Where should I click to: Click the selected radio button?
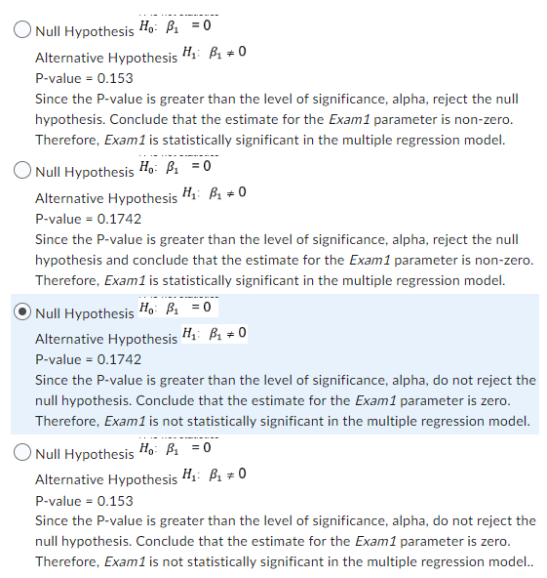pyautogui.click(x=22, y=312)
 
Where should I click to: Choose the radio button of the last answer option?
pyautogui.click(x=22, y=453)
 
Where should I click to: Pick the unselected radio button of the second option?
pyautogui.click(x=22, y=172)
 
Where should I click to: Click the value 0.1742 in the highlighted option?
pyautogui.click(x=116, y=359)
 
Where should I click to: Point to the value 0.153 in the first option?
pyautogui.click(x=111, y=77)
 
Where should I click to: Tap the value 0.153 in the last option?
pyautogui.click(x=111, y=501)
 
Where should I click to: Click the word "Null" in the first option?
pyautogui.click(x=48, y=31)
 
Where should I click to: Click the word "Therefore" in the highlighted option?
pyautogui.click(x=66, y=421)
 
